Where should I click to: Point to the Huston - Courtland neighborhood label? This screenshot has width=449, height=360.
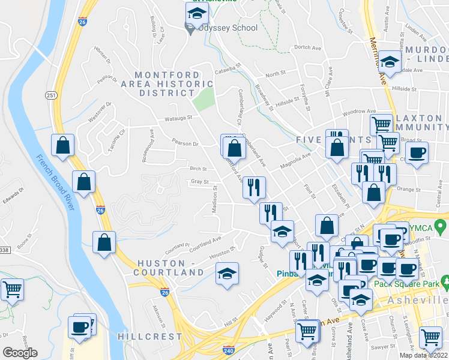click(x=171, y=268)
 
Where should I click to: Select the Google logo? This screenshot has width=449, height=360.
click(x=20, y=352)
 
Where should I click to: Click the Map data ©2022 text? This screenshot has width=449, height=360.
click(x=424, y=355)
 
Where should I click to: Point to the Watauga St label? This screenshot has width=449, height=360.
click(x=178, y=118)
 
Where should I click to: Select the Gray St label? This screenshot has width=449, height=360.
click(x=199, y=181)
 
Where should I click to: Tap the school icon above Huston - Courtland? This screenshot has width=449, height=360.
click(x=227, y=273)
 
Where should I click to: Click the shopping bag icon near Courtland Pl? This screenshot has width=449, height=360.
click(x=104, y=242)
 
